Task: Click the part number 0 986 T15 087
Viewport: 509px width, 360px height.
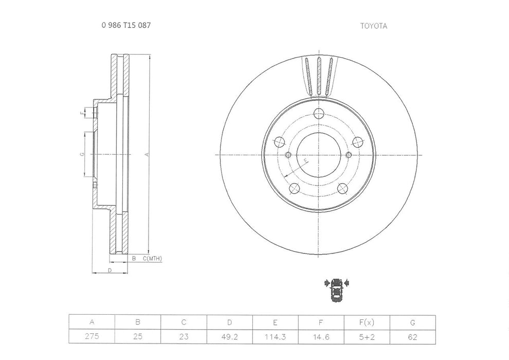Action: coord(126,25)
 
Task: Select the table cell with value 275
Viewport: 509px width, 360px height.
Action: coord(92,337)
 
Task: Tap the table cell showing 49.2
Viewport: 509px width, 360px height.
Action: coord(229,337)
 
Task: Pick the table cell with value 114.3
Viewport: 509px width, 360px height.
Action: coord(275,337)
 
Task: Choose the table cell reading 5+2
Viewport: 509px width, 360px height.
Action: coord(367,337)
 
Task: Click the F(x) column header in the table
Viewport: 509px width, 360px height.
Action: coord(367,322)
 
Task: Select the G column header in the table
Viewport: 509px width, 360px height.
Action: coord(412,322)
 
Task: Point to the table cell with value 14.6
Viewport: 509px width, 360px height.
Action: coord(321,337)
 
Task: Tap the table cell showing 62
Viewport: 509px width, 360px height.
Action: coord(412,337)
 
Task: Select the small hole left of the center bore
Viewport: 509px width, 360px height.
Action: coord(288,155)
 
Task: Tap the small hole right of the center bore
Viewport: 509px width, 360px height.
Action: coord(349,155)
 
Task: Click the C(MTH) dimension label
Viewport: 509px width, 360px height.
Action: coord(152,258)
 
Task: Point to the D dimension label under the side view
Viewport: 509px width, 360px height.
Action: coord(110,270)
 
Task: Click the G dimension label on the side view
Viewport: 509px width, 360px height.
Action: coord(82,154)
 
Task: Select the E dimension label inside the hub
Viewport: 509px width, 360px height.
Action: coord(306,161)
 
